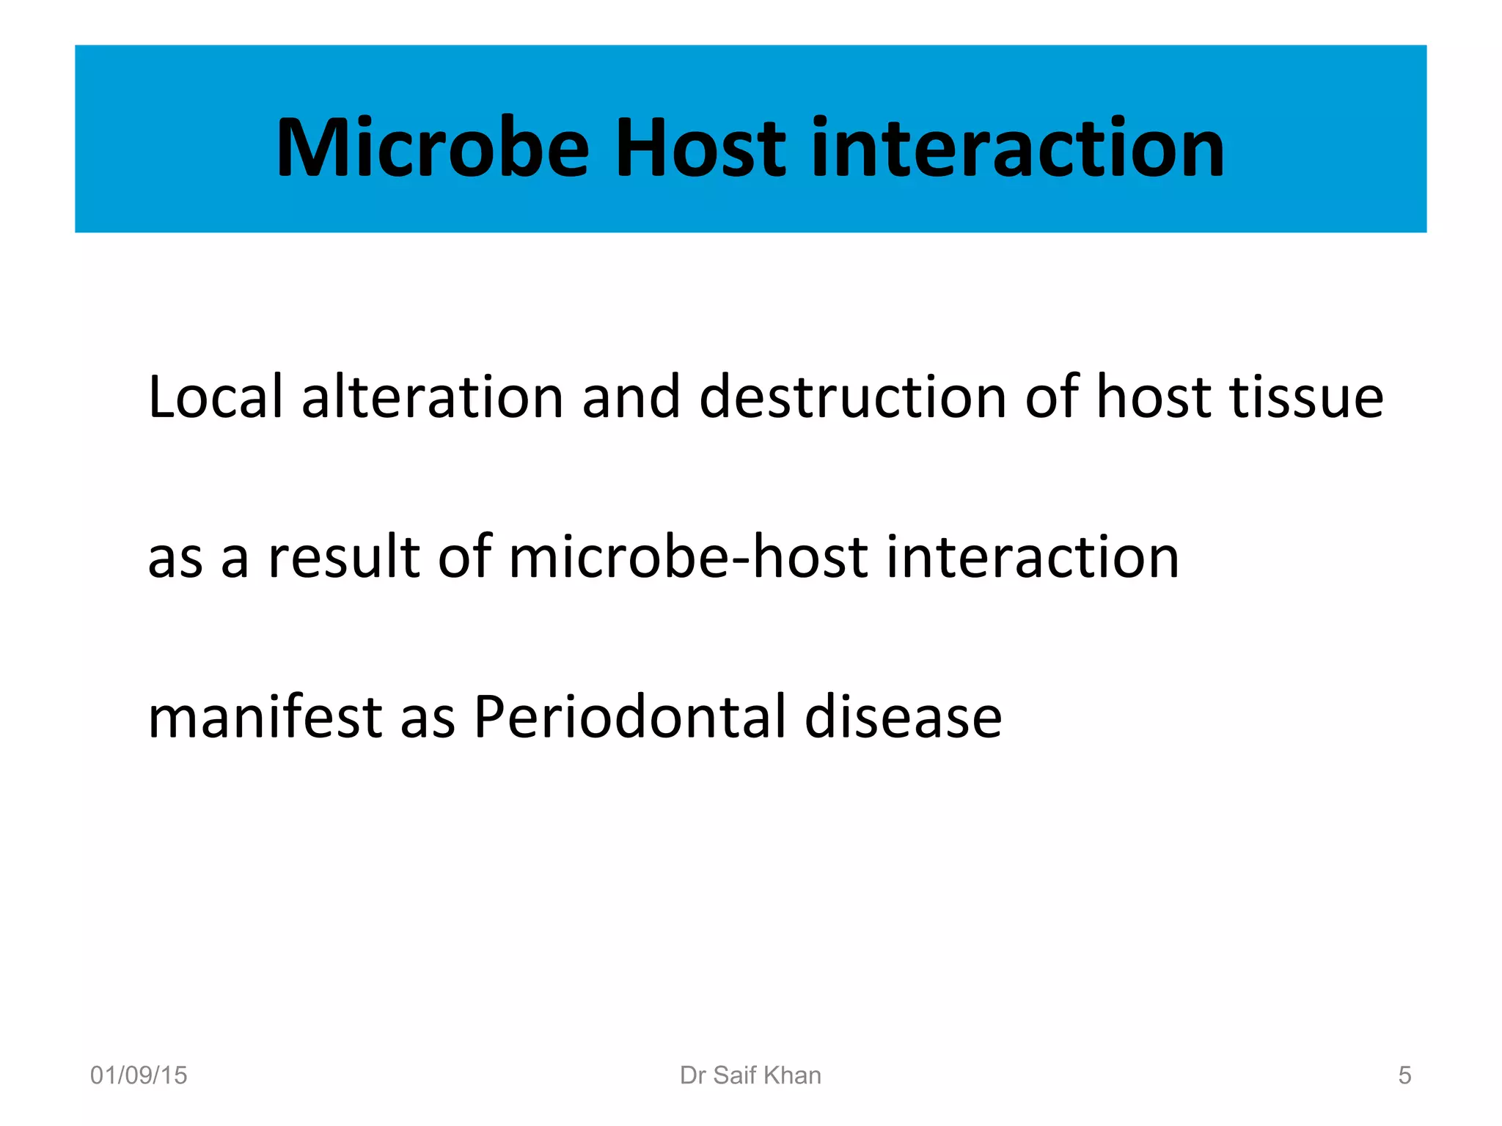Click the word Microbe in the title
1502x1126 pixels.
tap(433, 149)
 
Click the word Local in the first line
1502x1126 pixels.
tap(215, 397)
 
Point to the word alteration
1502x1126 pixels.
tap(433, 397)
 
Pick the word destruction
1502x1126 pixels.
tap(853, 397)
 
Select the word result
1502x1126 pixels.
tap(344, 557)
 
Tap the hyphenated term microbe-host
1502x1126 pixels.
tap(689, 557)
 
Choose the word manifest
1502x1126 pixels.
tap(265, 717)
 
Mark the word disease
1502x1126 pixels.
tap(903, 717)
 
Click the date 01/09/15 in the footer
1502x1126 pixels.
tap(139, 1075)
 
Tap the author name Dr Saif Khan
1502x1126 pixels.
tap(750, 1075)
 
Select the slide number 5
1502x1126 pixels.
tap(1404, 1075)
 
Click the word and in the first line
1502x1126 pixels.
tap(631, 397)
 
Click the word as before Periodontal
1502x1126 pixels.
tap(428, 717)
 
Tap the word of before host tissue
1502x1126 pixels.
tap(1051, 397)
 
